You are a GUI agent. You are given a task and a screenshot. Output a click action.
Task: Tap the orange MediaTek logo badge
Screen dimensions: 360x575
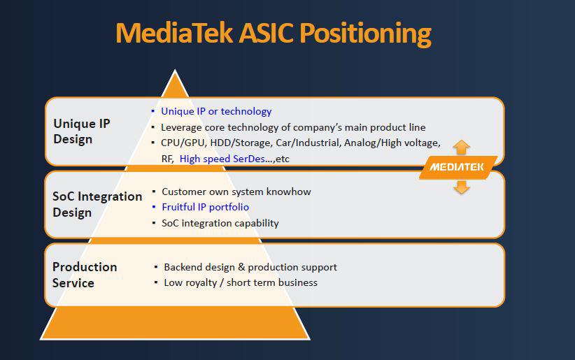point(458,167)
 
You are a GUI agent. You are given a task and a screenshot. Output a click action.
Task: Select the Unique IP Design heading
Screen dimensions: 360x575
point(82,131)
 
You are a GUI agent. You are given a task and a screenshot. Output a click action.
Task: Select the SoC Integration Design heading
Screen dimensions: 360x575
point(97,204)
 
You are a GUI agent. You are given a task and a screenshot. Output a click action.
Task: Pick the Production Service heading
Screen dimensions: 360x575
point(85,275)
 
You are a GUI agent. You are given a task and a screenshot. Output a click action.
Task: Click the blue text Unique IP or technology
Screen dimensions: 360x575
point(216,111)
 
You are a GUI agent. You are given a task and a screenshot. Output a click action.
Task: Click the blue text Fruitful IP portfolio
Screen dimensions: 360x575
point(205,207)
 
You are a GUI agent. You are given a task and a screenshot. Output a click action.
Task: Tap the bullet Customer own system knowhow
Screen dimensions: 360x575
point(236,192)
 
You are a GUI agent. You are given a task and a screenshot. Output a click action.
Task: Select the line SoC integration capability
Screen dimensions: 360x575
point(220,223)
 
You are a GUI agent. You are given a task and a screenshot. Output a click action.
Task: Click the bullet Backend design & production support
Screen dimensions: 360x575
point(250,267)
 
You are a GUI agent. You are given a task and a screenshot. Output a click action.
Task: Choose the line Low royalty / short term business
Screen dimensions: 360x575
point(240,282)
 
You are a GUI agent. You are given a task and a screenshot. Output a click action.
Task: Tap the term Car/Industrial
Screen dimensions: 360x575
point(311,143)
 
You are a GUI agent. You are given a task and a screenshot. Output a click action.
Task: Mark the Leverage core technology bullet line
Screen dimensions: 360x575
point(292,127)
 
